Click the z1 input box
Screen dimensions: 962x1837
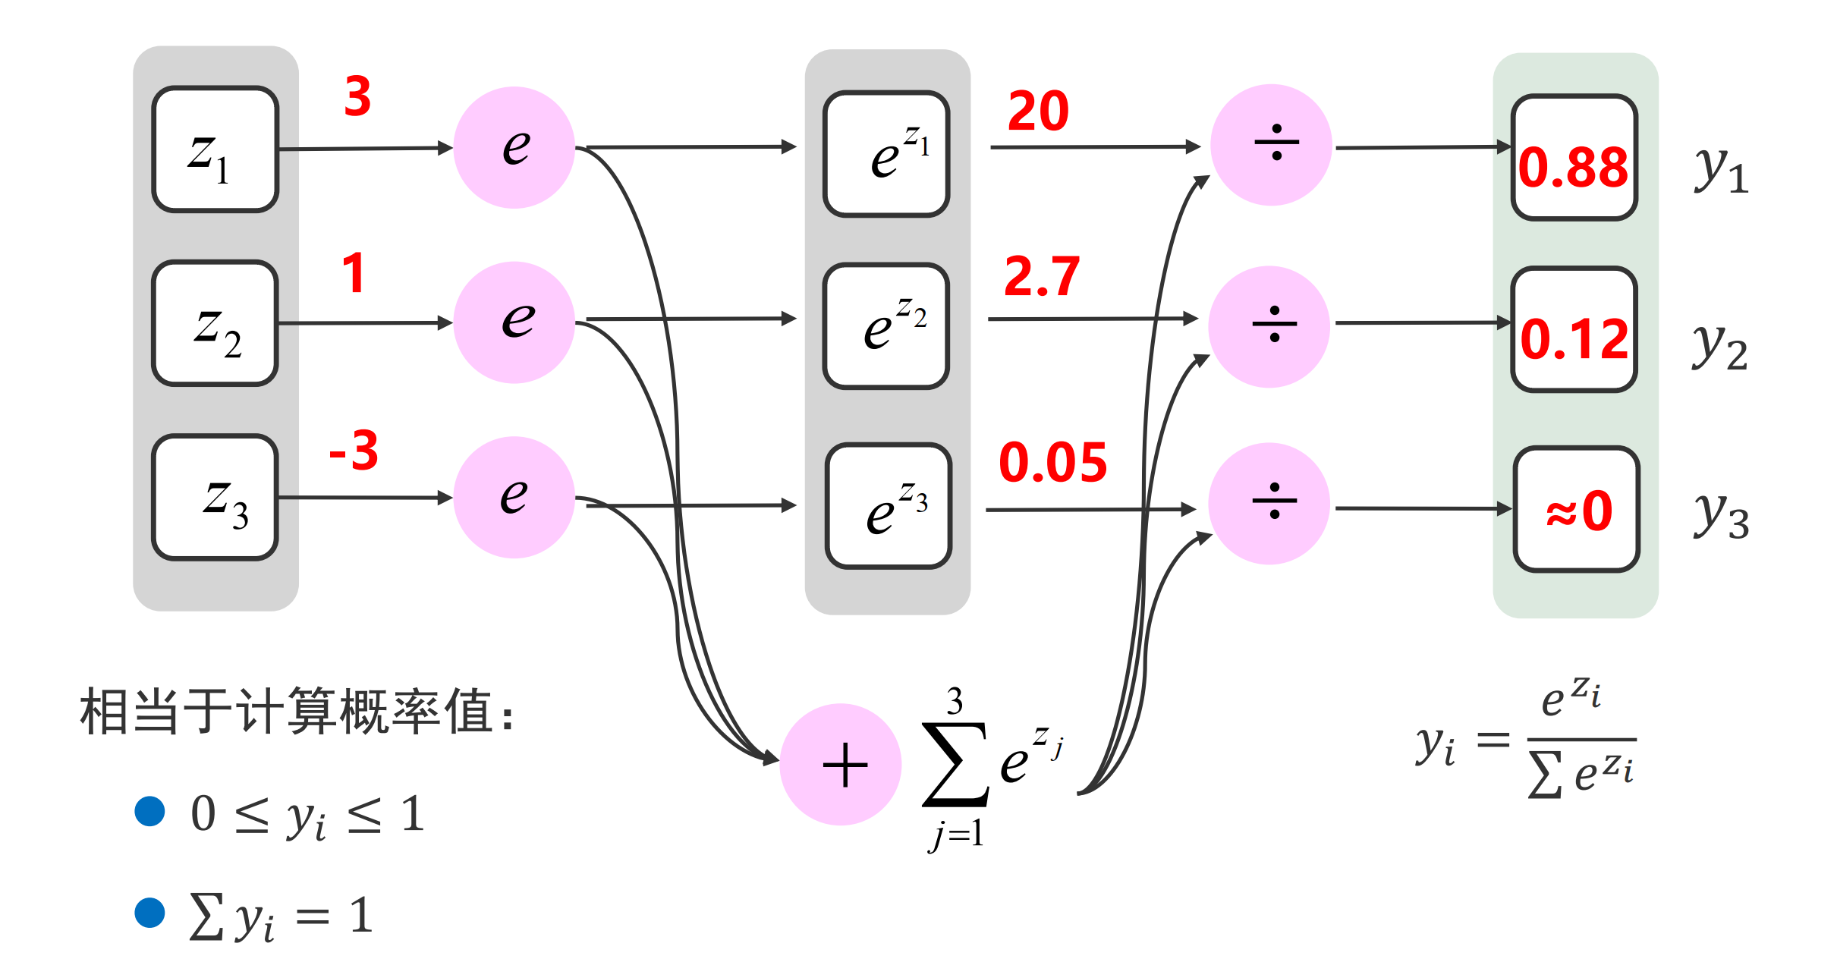(x=215, y=149)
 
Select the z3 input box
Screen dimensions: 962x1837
(x=215, y=498)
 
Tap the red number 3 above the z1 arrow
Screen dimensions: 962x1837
(x=357, y=97)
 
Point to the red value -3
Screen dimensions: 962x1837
(x=354, y=451)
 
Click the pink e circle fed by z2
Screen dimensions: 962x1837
(x=514, y=322)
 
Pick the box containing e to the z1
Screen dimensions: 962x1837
(x=886, y=154)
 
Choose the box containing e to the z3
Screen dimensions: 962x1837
(x=888, y=506)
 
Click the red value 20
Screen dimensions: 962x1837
(x=1038, y=112)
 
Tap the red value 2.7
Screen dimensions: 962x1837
(x=1042, y=277)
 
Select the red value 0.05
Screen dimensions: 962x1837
(x=1053, y=463)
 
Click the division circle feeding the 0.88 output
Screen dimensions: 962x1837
(x=1272, y=145)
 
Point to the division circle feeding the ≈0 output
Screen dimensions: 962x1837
(x=1269, y=504)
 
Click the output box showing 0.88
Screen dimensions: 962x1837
(x=1574, y=158)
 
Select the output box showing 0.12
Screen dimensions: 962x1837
(x=1574, y=329)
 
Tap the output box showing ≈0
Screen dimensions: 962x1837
(x=1577, y=509)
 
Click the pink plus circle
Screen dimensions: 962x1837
(x=841, y=765)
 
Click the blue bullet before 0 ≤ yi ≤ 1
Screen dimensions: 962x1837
(x=149, y=811)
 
